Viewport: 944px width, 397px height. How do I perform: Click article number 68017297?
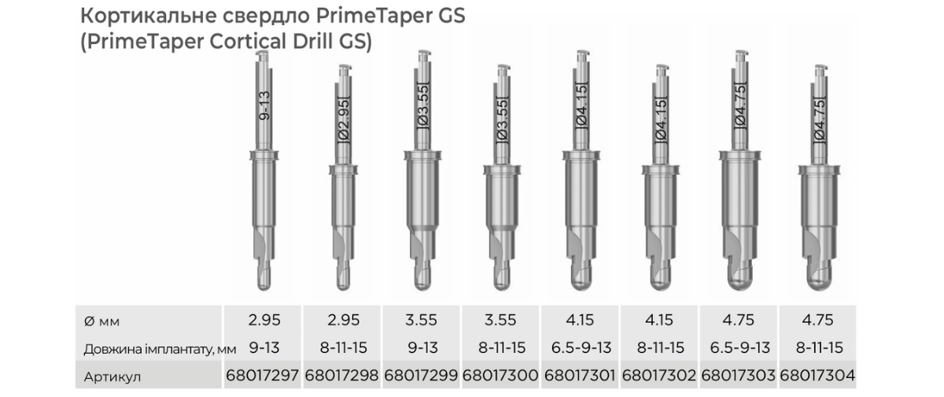coord(262,375)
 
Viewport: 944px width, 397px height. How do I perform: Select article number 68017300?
coord(500,375)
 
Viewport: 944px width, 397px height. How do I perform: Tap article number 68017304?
coord(817,375)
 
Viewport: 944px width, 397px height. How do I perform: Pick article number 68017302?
coord(659,375)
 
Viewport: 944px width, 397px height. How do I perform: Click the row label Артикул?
coord(112,377)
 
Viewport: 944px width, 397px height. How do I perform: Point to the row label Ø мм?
coord(101,321)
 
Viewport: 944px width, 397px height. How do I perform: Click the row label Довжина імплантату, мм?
coord(160,349)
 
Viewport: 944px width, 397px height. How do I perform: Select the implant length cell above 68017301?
coord(581,347)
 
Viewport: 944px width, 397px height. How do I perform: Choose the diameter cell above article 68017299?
coord(421,320)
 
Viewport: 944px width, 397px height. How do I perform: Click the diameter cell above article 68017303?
coord(739,320)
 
